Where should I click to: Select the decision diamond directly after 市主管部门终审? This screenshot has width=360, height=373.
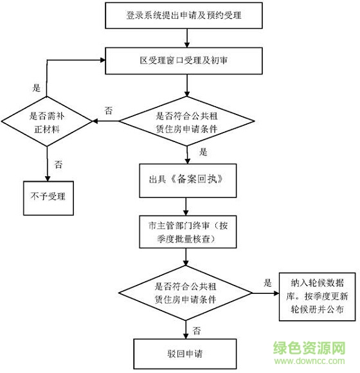[186, 294]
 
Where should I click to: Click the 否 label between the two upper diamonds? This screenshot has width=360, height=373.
[109, 111]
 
